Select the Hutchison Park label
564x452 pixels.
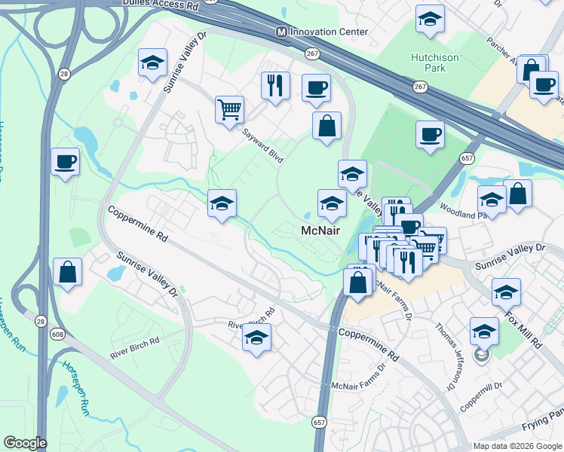(434, 63)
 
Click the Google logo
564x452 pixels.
(25, 443)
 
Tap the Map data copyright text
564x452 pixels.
(516, 446)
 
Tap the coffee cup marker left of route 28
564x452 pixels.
(65, 160)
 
